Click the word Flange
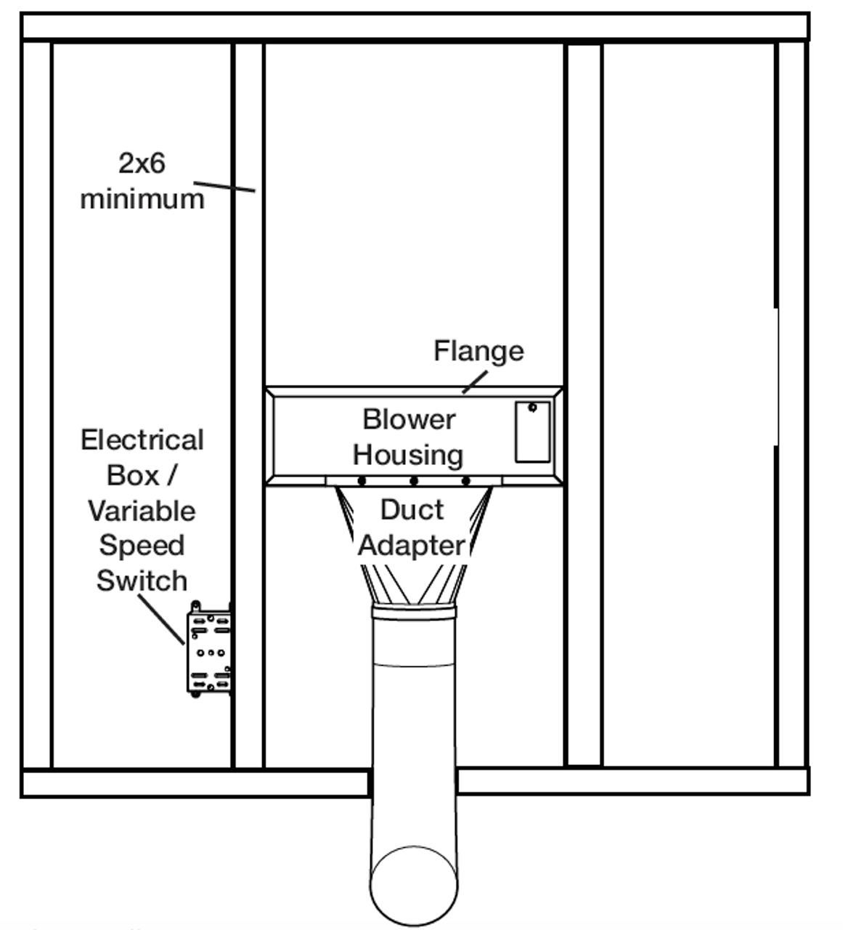(478, 351)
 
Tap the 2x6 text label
(142, 163)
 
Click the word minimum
(142, 198)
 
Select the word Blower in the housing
(409, 419)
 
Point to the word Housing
(408, 455)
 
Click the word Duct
(412, 509)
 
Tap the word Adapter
(412, 545)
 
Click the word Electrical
(142, 440)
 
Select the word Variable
(142, 511)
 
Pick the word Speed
(142, 546)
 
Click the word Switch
(142, 581)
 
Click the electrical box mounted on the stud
(210, 650)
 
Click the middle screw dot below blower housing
(414, 481)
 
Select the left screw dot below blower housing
(362, 481)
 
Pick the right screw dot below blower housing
(466, 481)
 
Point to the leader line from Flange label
(476, 381)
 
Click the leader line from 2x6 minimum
(224, 186)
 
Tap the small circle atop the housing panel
(532, 408)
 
